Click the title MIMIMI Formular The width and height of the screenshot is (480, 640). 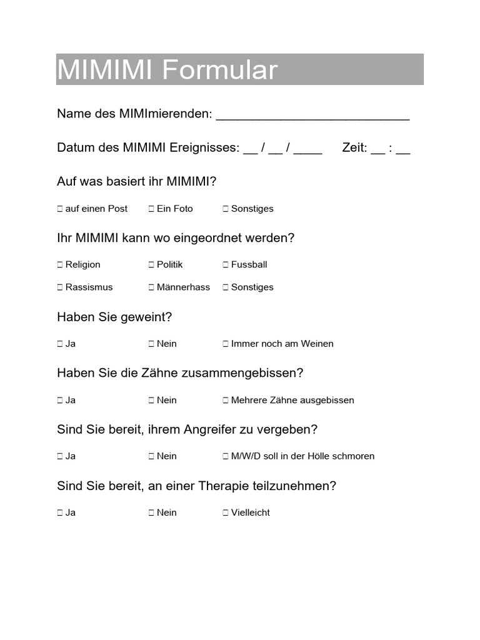click(167, 70)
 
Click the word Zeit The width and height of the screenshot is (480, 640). click(354, 148)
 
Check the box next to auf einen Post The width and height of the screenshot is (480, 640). click(60, 209)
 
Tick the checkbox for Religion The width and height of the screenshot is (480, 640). click(60, 265)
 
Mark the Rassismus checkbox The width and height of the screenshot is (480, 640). click(60, 287)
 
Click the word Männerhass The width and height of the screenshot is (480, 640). click(183, 287)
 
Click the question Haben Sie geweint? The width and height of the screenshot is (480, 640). click(114, 317)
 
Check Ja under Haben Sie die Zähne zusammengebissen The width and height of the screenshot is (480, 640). click(60, 401)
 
